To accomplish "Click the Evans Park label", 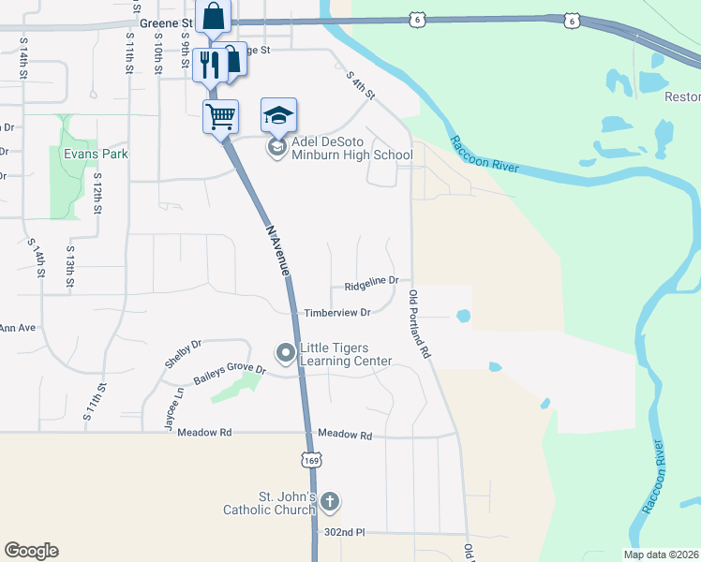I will click(x=95, y=154).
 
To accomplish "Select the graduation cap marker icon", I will click(x=278, y=115).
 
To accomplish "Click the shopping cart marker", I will click(x=220, y=117).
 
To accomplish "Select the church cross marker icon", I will click(x=329, y=502).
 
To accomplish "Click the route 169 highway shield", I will click(x=312, y=459).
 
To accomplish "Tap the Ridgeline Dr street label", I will click(x=371, y=280).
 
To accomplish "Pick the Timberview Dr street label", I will click(x=336, y=312).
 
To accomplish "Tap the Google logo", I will click(x=31, y=551).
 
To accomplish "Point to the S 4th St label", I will click(x=360, y=85).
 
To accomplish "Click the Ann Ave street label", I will click(x=17, y=328).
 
